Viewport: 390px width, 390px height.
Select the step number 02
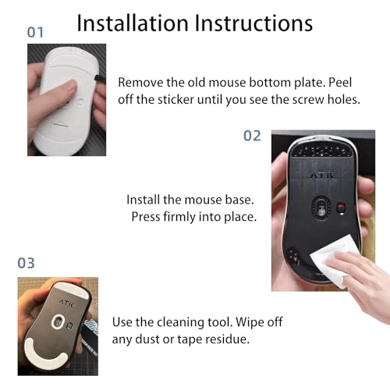252,135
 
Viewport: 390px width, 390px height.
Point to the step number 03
27,263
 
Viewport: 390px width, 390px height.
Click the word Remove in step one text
142,82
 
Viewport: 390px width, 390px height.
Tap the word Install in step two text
145,200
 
